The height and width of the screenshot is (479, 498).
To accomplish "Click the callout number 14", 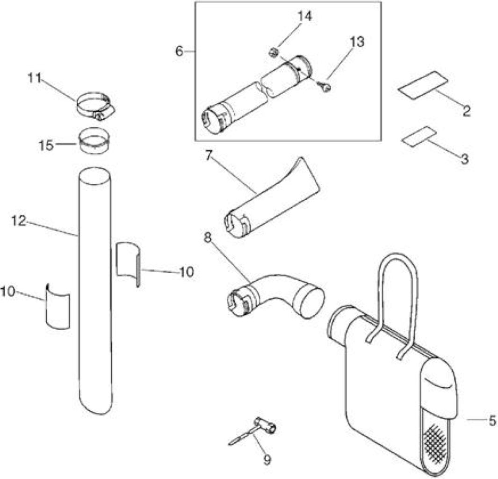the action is [x=304, y=16].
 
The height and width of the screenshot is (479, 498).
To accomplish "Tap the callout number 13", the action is [x=357, y=42].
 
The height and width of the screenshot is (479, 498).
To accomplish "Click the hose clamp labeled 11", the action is [x=95, y=106].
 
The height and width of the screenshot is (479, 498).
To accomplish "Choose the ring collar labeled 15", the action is [x=94, y=140].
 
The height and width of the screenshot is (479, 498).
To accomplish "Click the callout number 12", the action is [x=18, y=221].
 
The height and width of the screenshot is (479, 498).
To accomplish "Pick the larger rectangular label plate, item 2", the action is [x=423, y=86].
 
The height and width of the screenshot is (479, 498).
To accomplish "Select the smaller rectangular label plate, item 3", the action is [x=419, y=137].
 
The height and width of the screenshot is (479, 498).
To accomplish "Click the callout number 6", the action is [x=180, y=51].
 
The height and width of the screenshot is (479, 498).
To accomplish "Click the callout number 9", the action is [x=267, y=459].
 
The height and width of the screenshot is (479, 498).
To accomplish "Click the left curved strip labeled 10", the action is [x=57, y=306].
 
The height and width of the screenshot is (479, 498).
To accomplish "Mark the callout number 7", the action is [x=209, y=156].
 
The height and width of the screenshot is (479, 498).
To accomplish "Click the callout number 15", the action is [x=46, y=146].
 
